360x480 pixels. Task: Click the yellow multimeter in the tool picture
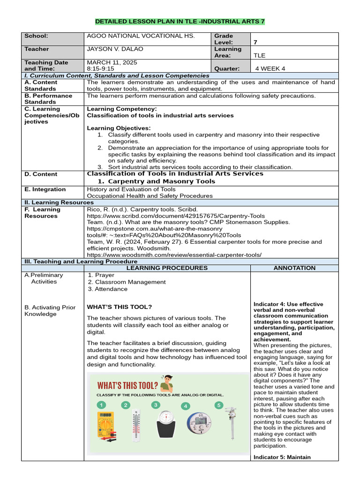coord(105,424)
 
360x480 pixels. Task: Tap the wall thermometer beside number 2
coord(136,426)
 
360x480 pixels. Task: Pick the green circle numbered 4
coord(186,406)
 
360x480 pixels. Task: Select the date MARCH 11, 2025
coord(112,62)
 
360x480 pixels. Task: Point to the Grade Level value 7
coord(255,42)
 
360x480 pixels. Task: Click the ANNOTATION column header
coord(294,268)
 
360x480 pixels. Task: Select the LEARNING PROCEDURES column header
coord(167,268)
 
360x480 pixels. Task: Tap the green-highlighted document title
coord(180,22)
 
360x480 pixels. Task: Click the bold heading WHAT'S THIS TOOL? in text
coord(120,307)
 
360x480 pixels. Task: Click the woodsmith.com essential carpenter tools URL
coord(174,255)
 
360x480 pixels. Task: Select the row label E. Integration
coord(45,189)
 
